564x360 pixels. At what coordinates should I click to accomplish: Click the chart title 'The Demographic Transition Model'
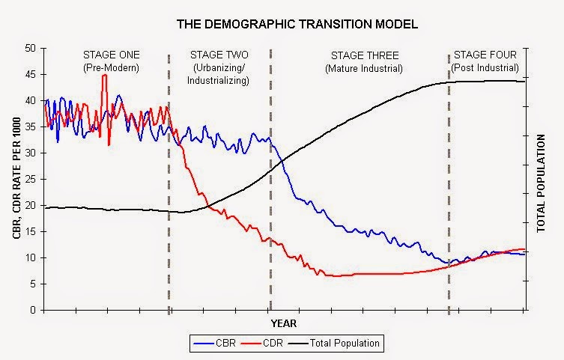(x=297, y=24)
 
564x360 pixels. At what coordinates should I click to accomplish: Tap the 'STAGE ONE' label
(x=106, y=56)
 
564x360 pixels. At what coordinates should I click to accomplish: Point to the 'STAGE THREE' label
(x=364, y=56)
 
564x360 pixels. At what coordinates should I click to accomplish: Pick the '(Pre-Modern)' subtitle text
(x=106, y=68)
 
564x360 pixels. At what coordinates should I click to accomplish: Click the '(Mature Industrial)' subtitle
(x=364, y=68)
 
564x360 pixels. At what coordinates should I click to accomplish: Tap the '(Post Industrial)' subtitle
(x=485, y=68)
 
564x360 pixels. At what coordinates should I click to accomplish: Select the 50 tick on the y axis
(x=31, y=48)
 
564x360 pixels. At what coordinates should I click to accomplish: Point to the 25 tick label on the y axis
(x=31, y=179)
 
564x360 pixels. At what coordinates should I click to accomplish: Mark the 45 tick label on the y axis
(x=31, y=74)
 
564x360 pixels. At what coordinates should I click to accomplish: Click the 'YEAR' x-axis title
(x=284, y=323)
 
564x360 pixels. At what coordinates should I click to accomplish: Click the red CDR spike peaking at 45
(x=105, y=76)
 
